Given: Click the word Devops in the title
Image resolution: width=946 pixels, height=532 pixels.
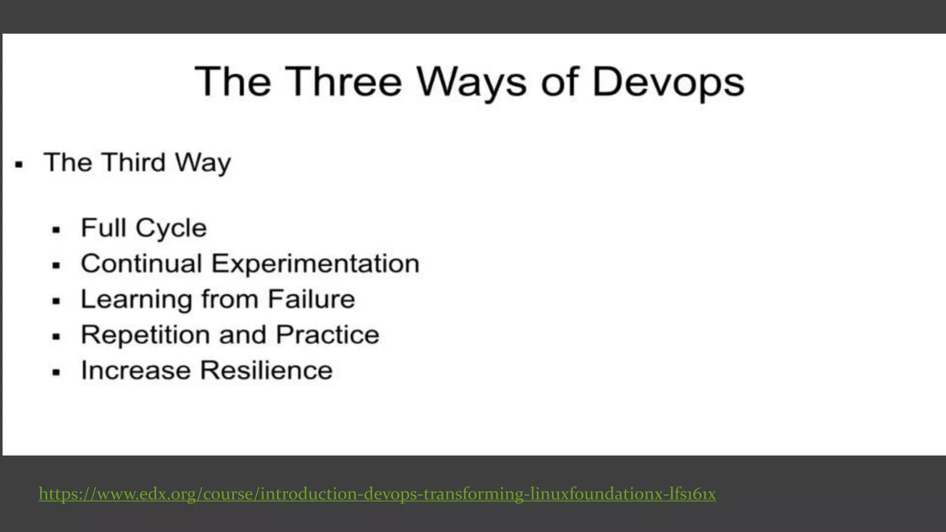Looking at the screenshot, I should click(x=668, y=82).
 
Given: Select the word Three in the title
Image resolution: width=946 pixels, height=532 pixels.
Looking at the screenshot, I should click(x=343, y=82).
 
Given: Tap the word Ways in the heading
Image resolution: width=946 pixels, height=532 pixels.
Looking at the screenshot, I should click(x=471, y=82).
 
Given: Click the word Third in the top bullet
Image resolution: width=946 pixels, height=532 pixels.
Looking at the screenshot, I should click(x=134, y=163).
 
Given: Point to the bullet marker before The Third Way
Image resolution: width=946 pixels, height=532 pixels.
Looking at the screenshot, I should click(x=19, y=164).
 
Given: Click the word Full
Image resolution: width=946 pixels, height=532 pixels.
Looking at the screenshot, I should click(x=103, y=228).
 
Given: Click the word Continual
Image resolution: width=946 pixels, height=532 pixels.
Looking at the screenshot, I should click(x=141, y=264).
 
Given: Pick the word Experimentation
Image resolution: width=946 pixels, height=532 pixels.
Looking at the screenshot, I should click(x=315, y=264).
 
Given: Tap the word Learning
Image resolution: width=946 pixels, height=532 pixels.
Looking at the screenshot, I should click(x=136, y=300).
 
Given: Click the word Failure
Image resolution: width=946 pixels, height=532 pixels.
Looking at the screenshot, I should click(x=311, y=299).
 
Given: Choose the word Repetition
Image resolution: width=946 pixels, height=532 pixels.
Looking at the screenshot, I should click(x=145, y=335).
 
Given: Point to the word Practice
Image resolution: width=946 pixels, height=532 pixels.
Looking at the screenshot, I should click(x=327, y=334).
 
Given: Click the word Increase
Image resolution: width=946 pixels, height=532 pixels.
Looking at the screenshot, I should click(x=136, y=370).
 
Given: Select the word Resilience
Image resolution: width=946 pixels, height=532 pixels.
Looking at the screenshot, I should click(x=267, y=370).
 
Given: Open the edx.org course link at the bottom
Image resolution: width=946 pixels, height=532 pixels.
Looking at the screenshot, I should click(x=377, y=494).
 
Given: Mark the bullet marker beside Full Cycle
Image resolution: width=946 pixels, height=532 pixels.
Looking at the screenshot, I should click(x=56, y=230).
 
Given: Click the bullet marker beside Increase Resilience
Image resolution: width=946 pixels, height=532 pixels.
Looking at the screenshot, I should click(x=56, y=372).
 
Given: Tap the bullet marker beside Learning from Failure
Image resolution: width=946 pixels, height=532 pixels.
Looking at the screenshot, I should click(x=56, y=301).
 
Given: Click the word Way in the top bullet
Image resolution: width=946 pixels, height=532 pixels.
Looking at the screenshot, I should click(x=203, y=163).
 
